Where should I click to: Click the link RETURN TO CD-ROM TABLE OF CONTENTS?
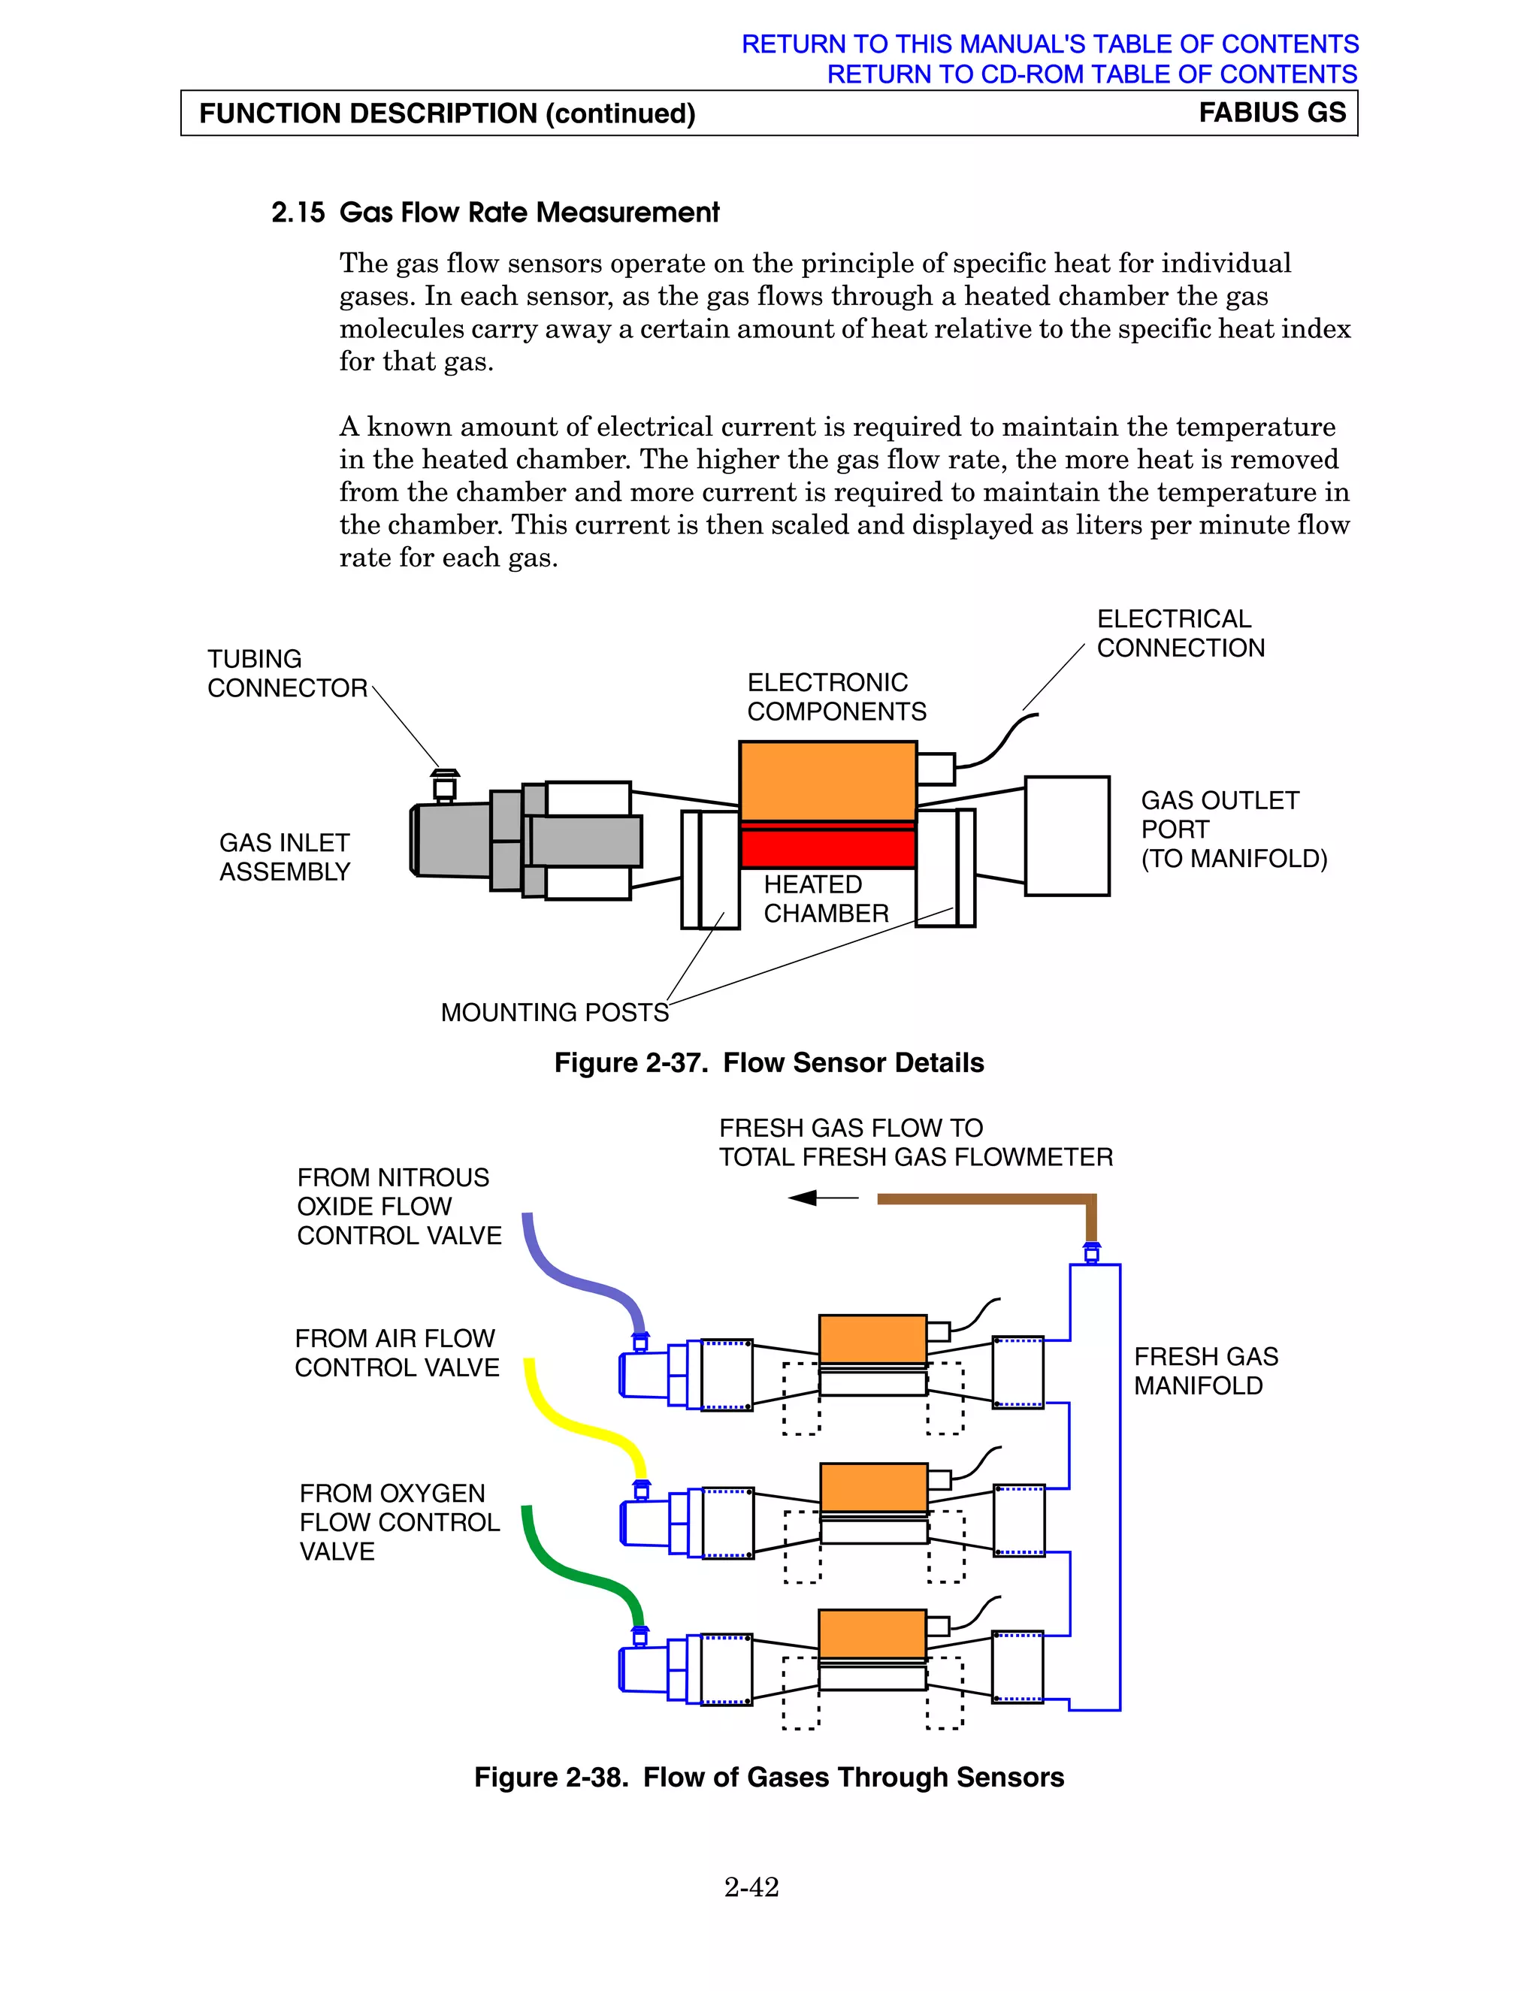tap(1091, 74)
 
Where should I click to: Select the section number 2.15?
tap(298, 213)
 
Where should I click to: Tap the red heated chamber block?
tap(827, 847)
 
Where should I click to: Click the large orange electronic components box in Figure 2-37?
tap(827, 781)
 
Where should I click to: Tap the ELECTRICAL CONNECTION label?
tap(1180, 633)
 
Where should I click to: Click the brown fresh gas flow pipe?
tap(984, 1199)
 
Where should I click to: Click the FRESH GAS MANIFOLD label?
tap(1205, 1371)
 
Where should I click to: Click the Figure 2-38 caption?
tap(769, 1778)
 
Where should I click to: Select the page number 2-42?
tap(751, 1887)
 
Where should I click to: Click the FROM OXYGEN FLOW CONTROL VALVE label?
tap(399, 1521)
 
